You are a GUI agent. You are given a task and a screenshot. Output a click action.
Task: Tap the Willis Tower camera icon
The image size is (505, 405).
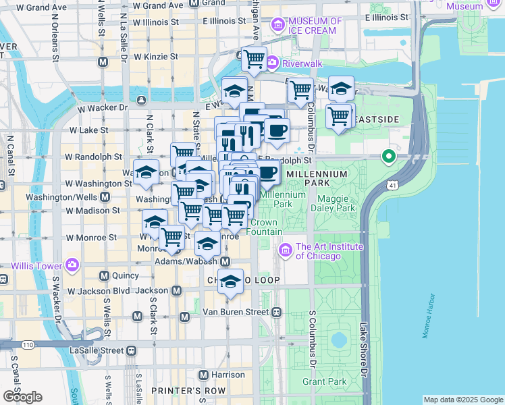pyautogui.click(x=72, y=265)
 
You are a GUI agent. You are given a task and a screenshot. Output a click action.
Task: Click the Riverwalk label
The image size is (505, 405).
pyautogui.click(x=304, y=63)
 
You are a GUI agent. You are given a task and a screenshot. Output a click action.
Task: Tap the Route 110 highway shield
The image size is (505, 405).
pyautogui.click(x=27, y=345)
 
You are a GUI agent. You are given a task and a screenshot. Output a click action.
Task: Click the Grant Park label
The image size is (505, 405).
pyautogui.click(x=324, y=381)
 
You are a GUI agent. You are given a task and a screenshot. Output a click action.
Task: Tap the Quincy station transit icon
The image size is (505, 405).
pyautogui.click(x=104, y=275)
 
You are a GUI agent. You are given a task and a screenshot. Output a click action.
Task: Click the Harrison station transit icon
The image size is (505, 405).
pyautogui.click(x=202, y=374)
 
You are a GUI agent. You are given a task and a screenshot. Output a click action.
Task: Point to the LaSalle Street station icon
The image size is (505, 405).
pyautogui.click(x=131, y=351)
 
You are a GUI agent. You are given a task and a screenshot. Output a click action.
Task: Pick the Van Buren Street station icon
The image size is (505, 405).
pyautogui.click(x=277, y=312)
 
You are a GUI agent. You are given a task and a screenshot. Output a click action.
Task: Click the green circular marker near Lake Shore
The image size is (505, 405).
pyautogui.click(x=388, y=157)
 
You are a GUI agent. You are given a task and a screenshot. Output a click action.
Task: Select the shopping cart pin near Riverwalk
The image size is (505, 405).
pyautogui.click(x=254, y=59)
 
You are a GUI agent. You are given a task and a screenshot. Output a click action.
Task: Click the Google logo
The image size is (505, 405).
pyautogui.click(x=22, y=397)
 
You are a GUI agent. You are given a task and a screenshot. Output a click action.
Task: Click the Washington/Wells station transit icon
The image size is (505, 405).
pyautogui.click(x=105, y=197)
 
